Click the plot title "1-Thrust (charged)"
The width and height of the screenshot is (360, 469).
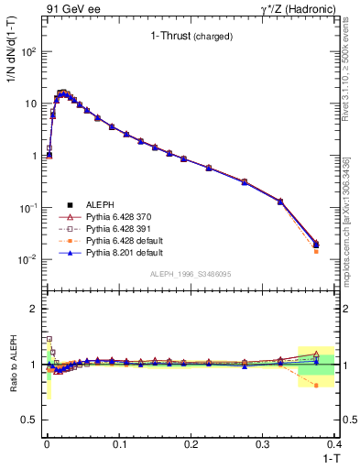click(191, 37)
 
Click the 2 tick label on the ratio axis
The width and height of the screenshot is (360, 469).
click(35, 309)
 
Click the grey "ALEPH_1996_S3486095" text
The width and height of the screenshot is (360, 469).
click(189, 274)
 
